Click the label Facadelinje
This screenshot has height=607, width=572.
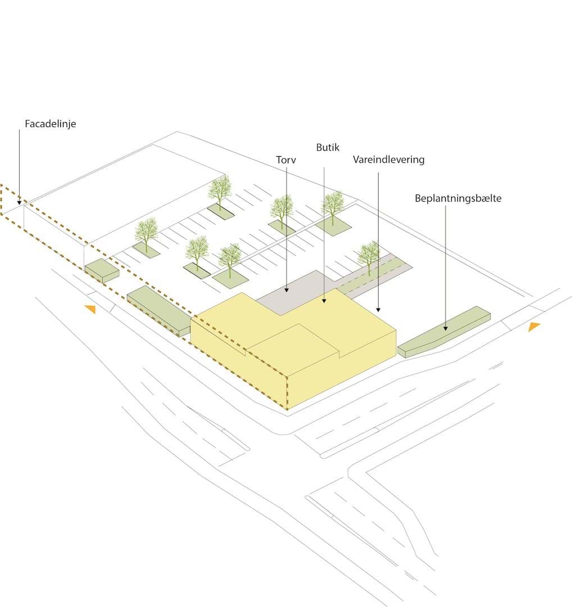tap(51, 124)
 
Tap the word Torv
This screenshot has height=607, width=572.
tap(286, 160)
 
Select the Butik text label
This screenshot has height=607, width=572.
tap(328, 147)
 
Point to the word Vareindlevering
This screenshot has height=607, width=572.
tap(389, 160)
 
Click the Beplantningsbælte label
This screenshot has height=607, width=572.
tap(458, 198)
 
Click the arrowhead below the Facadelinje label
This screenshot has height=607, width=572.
tap(19, 203)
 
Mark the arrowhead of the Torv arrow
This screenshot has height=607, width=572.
tap(287, 291)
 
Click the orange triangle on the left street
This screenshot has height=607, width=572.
tap(90, 309)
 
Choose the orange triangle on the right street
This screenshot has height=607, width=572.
tap(534, 327)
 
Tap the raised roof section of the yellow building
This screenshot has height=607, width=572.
tap(293, 345)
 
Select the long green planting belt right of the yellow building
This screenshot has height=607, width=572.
tap(444, 332)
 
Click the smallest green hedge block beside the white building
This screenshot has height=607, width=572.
tap(102, 270)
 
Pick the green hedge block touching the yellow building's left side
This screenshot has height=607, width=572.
tap(159, 310)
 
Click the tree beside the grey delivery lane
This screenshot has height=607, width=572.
tap(369, 256)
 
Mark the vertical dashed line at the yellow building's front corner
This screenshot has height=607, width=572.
tap(287, 392)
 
